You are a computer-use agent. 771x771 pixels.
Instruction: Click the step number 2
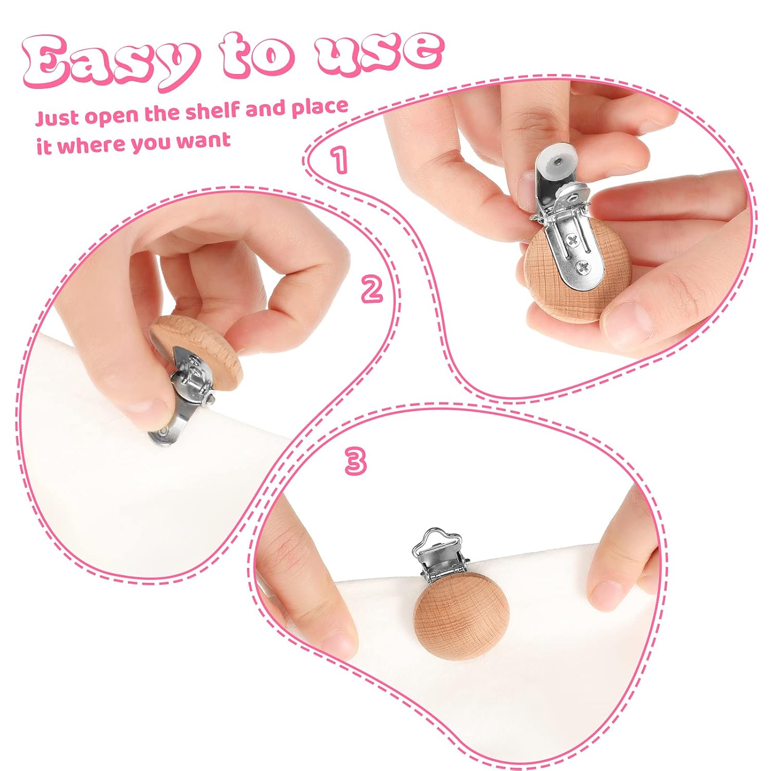[372, 290]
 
